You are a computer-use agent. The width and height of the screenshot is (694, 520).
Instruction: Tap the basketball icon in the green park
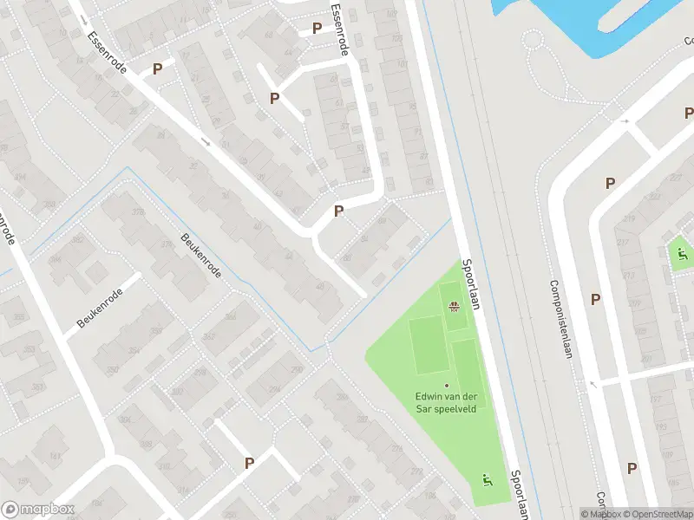tap(452, 305)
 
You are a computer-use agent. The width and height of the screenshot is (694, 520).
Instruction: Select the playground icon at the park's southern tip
tap(486, 478)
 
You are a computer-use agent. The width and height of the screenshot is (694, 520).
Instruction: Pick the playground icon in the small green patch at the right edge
tap(682, 254)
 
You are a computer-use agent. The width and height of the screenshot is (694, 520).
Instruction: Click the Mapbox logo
tap(37, 510)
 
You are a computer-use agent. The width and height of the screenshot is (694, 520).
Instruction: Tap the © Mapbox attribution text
tap(602, 515)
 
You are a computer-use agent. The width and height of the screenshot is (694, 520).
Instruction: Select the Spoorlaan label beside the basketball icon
tap(471, 285)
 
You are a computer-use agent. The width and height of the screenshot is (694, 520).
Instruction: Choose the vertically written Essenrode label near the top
tap(339, 29)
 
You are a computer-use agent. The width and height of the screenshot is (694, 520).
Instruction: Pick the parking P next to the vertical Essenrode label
tap(317, 29)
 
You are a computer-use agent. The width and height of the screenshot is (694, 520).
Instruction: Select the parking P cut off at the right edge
tap(689, 113)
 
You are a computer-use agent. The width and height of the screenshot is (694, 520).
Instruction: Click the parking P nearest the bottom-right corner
tap(632, 468)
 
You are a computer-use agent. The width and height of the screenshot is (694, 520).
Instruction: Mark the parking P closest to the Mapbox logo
tap(250, 463)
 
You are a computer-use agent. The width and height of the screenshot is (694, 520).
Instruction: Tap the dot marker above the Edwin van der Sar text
tap(448, 386)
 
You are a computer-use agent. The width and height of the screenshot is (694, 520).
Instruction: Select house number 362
tap(208, 335)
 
